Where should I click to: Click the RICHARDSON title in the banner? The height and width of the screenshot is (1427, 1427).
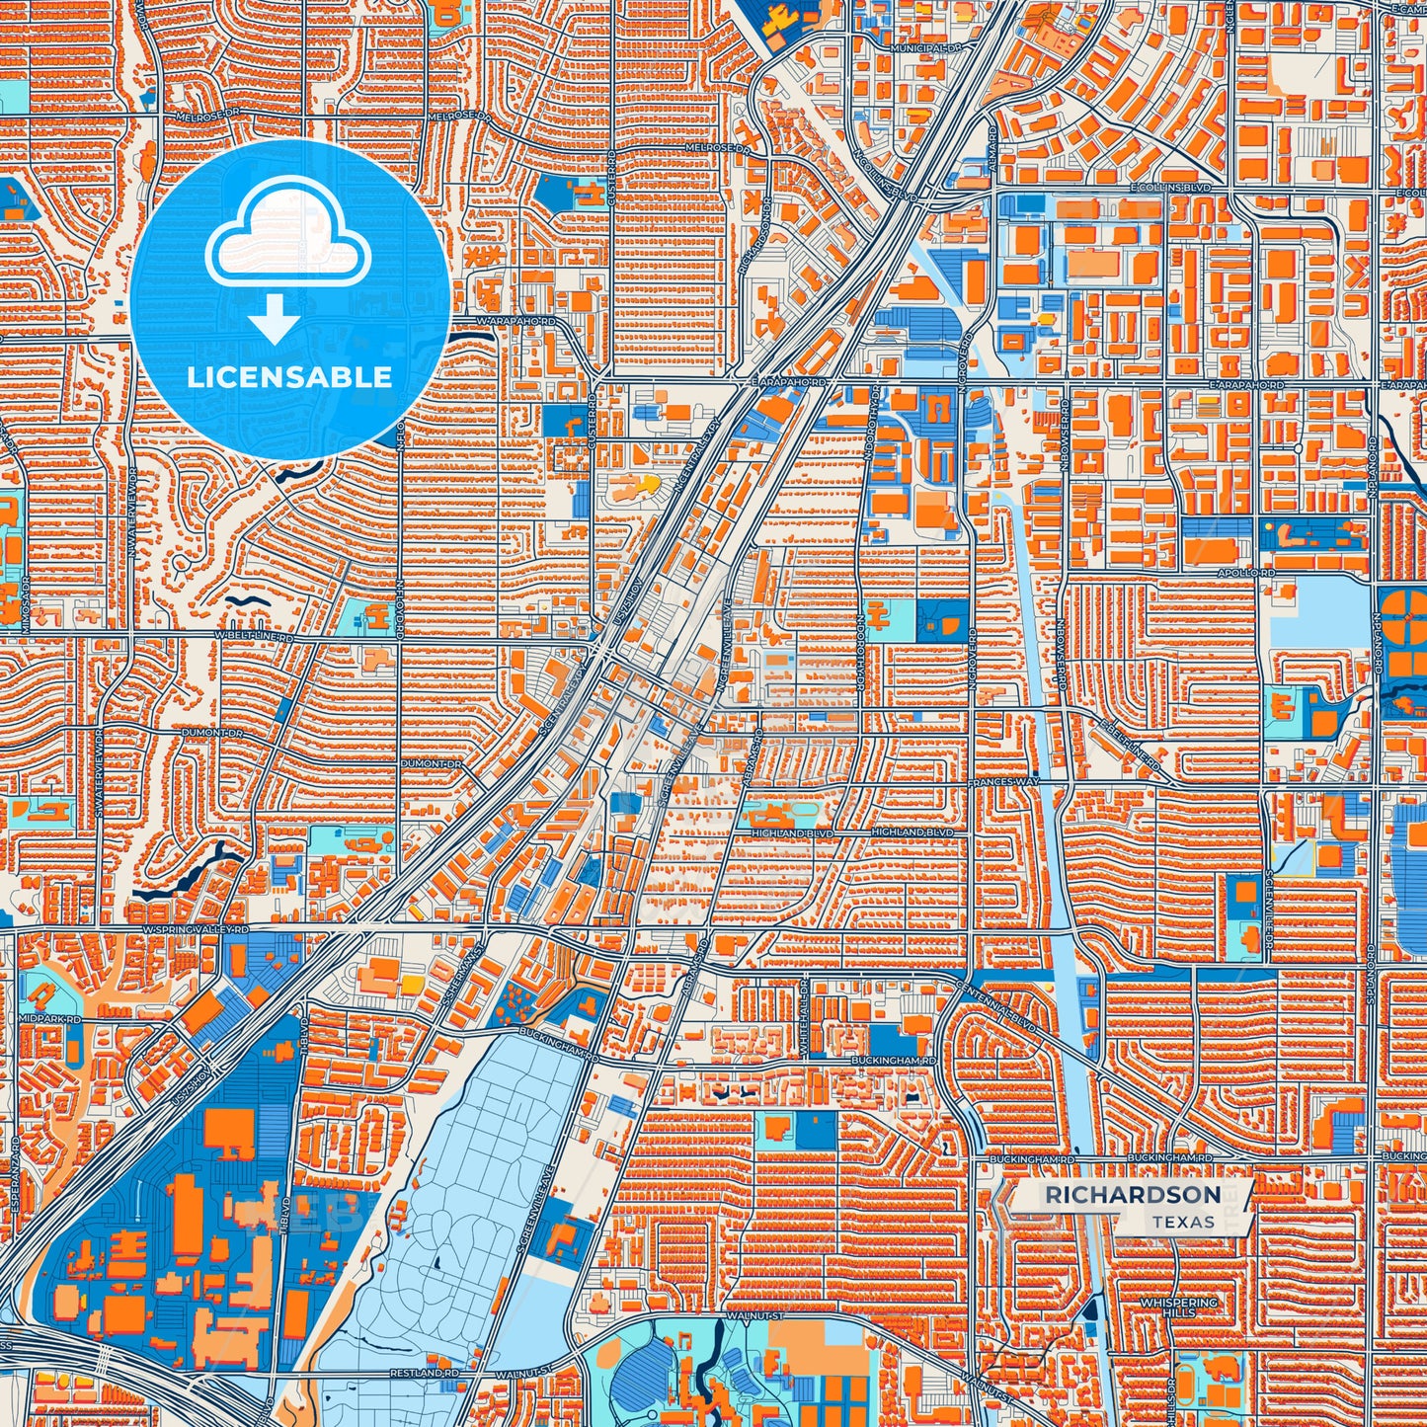tap(1133, 1195)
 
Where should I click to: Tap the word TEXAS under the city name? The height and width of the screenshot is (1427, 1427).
tap(1183, 1222)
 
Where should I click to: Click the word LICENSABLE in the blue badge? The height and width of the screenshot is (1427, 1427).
tap(289, 377)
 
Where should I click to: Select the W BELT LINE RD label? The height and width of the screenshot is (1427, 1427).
tap(255, 637)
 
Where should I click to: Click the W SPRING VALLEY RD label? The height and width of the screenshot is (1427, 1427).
tap(195, 930)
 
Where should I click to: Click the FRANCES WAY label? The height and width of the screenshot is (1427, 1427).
tap(1003, 782)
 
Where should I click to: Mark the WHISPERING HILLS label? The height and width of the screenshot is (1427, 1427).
tap(1179, 1308)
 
